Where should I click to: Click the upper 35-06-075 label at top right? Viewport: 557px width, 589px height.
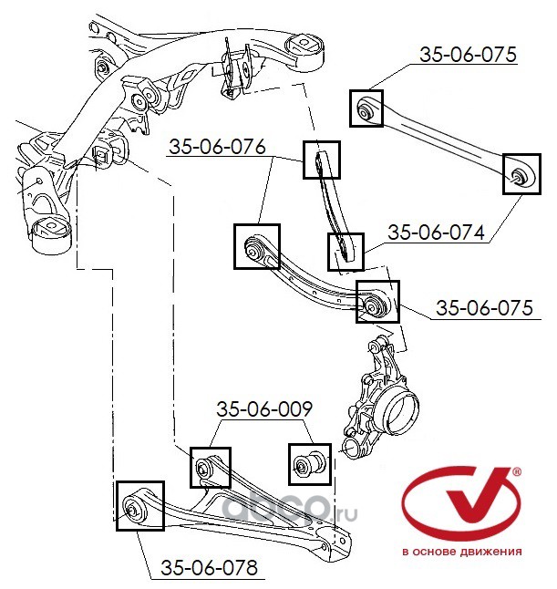(x=468, y=55)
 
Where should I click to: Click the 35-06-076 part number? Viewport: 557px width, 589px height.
(x=216, y=146)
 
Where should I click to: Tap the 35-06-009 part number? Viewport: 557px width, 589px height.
(x=264, y=409)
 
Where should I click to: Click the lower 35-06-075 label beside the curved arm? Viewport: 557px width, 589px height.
(x=483, y=308)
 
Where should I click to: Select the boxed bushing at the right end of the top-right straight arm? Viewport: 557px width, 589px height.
(x=520, y=174)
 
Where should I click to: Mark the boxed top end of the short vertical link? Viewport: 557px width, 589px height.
(x=320, y=160)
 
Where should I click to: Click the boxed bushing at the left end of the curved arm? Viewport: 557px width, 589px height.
(x=255, y=246)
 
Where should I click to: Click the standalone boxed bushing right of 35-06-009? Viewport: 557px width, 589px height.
(x=308, y=464)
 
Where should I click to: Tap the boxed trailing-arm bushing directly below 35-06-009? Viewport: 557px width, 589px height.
(x=210, y=468)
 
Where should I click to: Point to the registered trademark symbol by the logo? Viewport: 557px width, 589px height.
(x=518, y=472)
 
